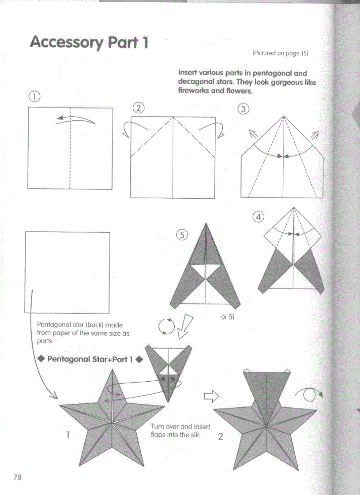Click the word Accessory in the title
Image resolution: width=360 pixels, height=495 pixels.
point(67,43)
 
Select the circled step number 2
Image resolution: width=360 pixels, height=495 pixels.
point(139,108)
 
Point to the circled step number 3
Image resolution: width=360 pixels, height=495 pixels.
point(243,109)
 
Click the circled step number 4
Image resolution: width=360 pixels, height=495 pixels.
point(258,216)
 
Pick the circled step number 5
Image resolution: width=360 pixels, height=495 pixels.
point(181,235)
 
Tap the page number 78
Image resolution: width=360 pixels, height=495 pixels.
point(17,477)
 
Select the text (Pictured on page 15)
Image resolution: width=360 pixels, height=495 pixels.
point(280,53)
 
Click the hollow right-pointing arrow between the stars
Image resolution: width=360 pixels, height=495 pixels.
point(211,397)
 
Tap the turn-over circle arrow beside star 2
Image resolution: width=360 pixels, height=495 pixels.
point(311,395)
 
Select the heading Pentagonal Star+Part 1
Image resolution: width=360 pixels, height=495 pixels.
point(90,359)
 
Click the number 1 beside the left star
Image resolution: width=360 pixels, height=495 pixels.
point(68,435)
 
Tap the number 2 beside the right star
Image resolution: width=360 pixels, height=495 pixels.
point(221,437)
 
